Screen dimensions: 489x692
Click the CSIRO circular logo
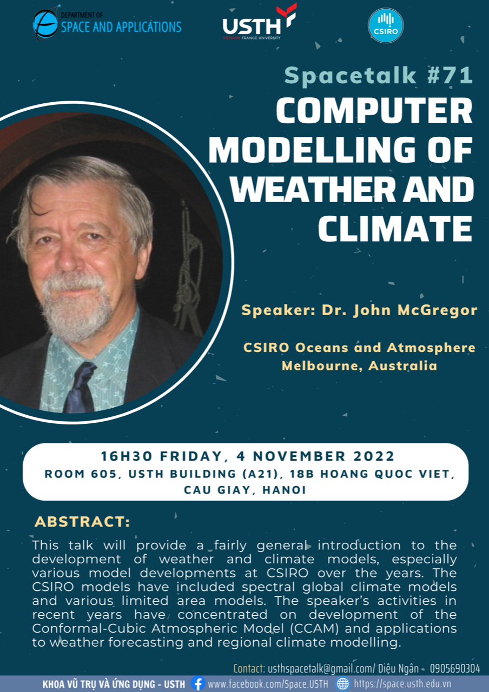(386, 25)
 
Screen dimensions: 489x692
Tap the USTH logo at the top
(260, 22)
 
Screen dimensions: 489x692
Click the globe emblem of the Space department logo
(45, 25)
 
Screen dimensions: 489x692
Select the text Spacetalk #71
(378, 75)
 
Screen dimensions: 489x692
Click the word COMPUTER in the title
(374, 111)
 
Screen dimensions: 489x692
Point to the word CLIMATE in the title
(395, 228)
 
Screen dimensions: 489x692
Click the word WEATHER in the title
(312, 189)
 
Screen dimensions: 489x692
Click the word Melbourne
(322, 366)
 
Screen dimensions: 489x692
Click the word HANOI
(284, 490)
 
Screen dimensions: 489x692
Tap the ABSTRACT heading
(82, 522)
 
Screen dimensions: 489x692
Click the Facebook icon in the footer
(198, 683)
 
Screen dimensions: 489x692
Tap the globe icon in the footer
(343, 683)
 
